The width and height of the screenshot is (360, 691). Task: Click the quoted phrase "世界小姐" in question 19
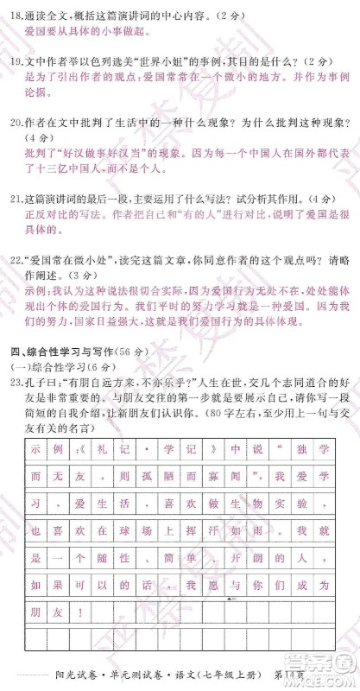[147, 62]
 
